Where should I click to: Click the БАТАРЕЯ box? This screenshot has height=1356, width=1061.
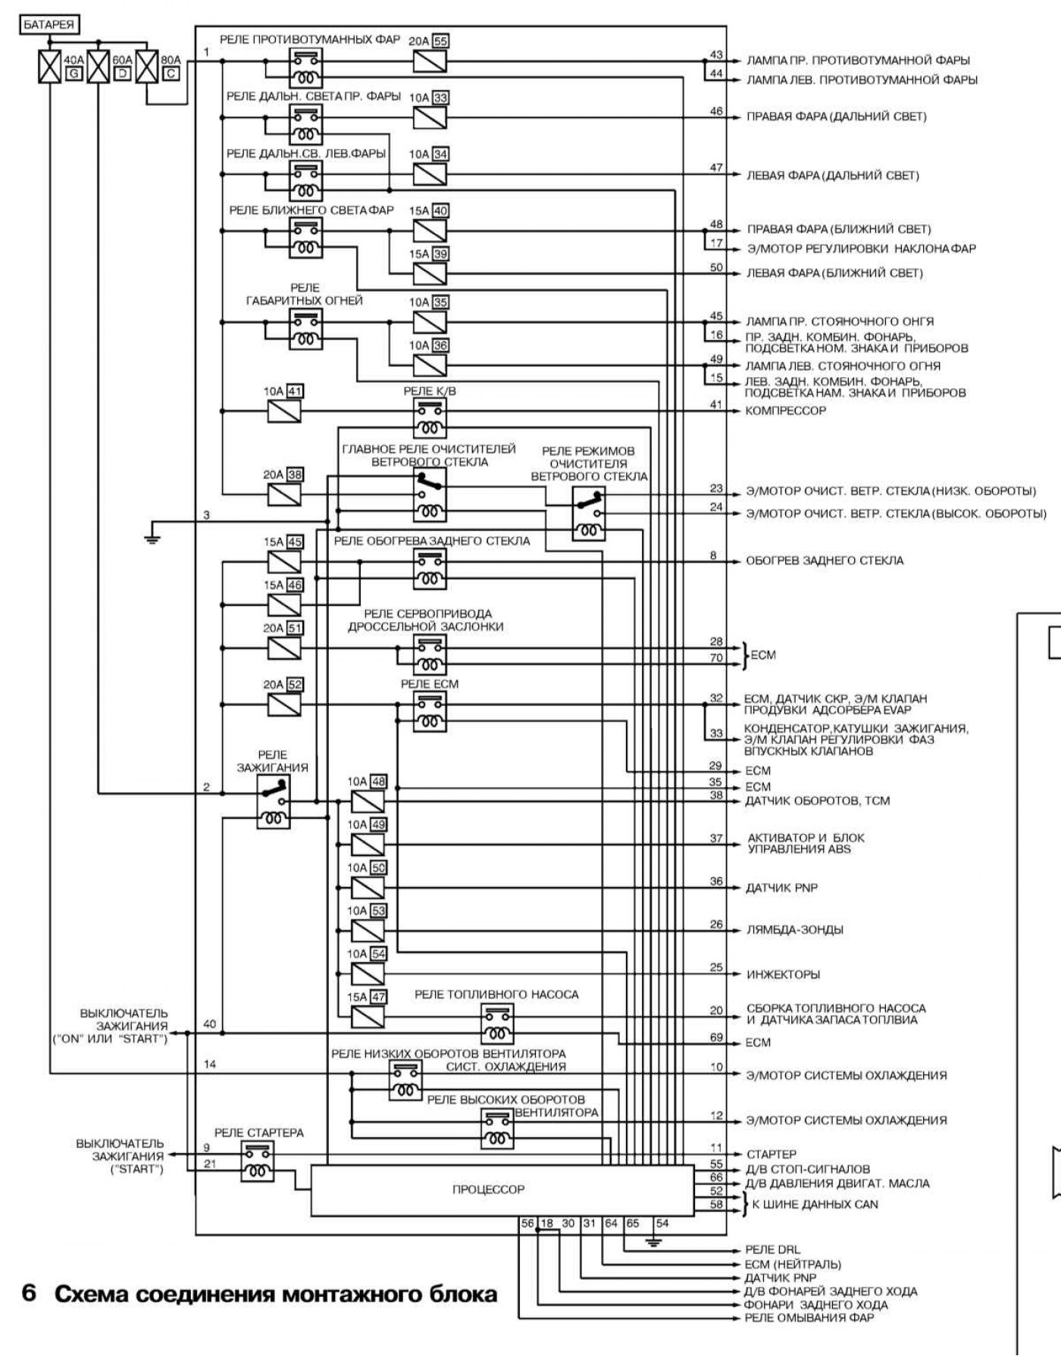pos(49,25)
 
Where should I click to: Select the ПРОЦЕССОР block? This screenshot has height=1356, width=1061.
pos(488,1189)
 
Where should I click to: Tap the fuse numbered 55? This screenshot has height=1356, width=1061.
pos(430,61)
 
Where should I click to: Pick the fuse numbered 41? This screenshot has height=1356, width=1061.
pos(284,411)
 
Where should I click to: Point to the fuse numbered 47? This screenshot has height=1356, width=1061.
pos(368,1016)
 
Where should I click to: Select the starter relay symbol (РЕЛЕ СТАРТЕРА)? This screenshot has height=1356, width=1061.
pos(258,1162)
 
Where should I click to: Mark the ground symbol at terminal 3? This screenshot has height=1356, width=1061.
pos(152,539)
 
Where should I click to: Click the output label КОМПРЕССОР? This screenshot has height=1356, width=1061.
pos(786,411)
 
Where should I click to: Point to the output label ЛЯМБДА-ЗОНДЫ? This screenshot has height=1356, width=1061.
pos(795,930)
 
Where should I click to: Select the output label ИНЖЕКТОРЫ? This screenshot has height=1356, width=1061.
pos(784,974)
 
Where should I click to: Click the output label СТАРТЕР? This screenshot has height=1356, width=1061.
pos(771,1154)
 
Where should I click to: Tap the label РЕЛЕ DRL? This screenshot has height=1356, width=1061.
pos(772,1250)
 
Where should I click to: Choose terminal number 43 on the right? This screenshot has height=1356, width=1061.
pos(716,55)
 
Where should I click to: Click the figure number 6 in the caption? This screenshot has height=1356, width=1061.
pos(29,1292)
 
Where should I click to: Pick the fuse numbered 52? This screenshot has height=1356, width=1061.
pos(284,705)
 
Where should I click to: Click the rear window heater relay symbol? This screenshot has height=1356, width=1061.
pos(430,568)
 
